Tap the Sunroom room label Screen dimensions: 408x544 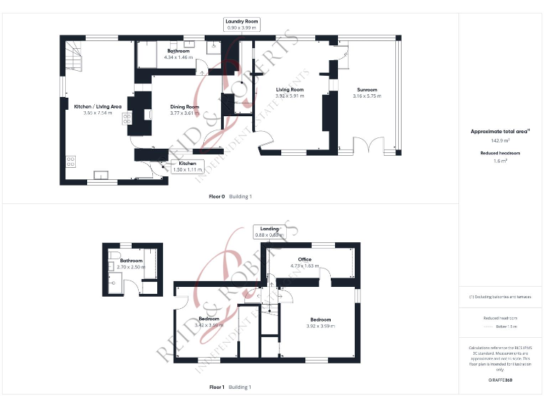[x=367, y=90]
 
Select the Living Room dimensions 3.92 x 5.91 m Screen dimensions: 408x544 [x=289, y=96]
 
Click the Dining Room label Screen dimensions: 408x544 [x=184, y=107]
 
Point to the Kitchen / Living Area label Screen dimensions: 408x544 [x=93, y=107]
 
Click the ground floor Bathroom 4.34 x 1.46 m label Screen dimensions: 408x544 [x=178, y=52]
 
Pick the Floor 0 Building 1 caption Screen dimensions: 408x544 [x=230, y=196]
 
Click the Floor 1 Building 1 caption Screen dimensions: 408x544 [x=230, y=387]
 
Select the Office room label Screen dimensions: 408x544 [x=305, y=260]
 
